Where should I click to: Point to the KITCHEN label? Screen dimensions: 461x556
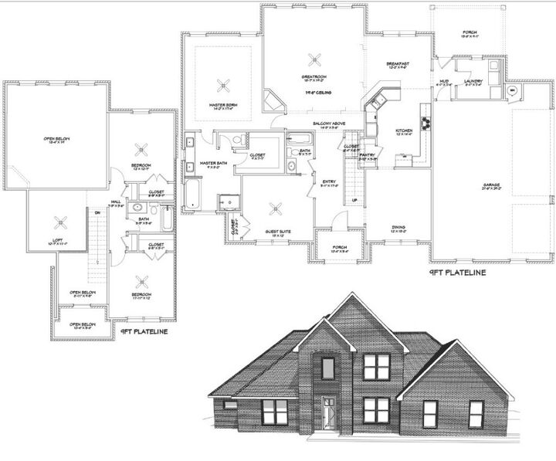(405, 131)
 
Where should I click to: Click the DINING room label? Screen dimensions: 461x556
(398, 227)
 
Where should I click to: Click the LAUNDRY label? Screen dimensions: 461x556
(473, 81)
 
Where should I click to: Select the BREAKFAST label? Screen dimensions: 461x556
(398, 63)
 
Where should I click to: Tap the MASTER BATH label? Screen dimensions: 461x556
(211, 164)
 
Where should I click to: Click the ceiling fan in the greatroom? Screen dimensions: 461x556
(314, 59)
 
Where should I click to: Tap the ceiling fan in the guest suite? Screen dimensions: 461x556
(277, 208)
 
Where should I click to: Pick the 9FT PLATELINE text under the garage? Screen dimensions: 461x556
(457, 272)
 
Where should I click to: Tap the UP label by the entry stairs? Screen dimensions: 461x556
(354, 200)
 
